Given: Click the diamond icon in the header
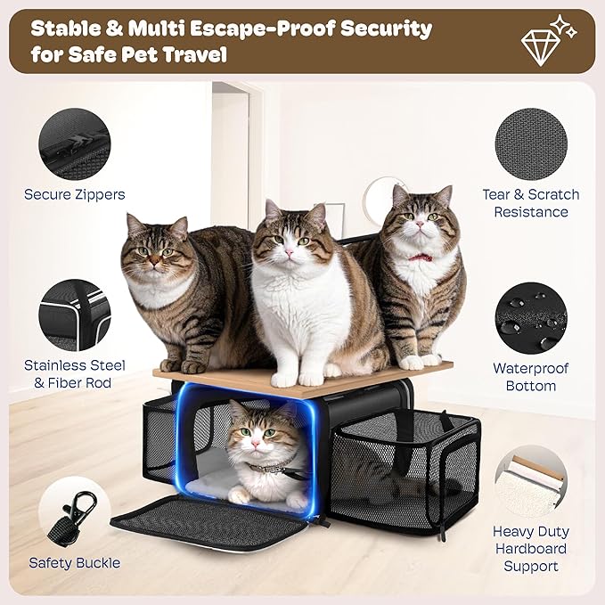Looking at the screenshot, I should [x=541, y=40].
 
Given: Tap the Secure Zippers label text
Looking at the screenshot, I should [x=74, y=194].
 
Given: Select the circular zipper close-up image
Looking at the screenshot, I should [x=74, y=143].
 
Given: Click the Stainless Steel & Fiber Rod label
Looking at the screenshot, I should [x=74, y=374].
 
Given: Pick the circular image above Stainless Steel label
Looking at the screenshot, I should [x=74, y=315].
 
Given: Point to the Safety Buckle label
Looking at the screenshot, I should [x=74, y=562].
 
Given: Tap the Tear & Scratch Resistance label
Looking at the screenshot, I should [x=531, y=203].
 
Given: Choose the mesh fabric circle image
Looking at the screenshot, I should [x=530, y=143].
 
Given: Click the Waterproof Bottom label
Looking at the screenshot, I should [x=531, y=377].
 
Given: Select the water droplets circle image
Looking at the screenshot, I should [x=530, y=317].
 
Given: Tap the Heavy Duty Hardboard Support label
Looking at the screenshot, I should [x=531, y=548].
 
